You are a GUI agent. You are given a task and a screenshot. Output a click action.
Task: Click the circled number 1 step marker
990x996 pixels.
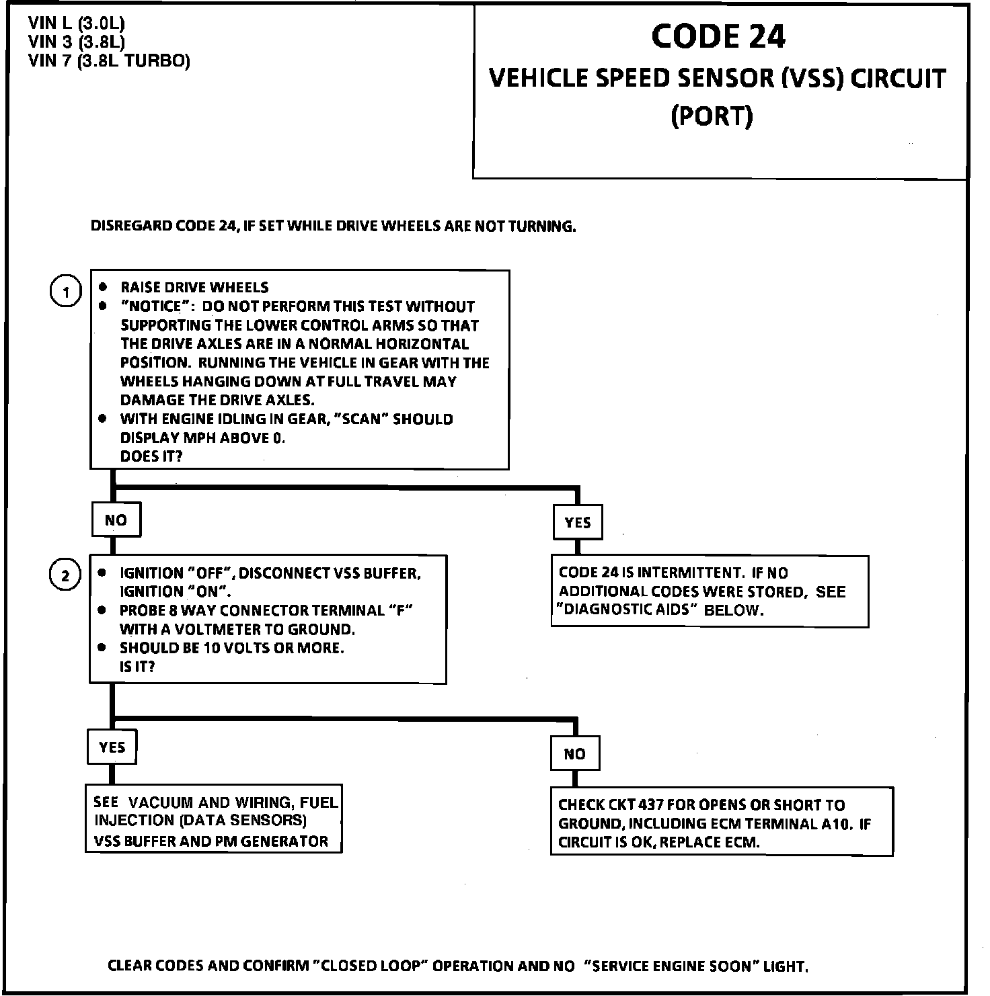click(66, 292)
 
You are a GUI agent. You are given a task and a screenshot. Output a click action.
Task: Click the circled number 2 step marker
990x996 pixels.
click(65, 576)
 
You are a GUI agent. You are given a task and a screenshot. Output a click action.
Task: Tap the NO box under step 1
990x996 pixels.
click(116, 520)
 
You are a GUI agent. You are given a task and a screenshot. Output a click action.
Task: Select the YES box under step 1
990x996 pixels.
click(578, 523)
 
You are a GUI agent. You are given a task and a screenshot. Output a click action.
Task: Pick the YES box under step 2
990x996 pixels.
click(112, 747)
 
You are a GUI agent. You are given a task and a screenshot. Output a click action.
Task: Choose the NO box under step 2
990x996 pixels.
click(574, 754)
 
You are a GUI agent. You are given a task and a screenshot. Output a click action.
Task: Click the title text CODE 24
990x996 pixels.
click(718, 36)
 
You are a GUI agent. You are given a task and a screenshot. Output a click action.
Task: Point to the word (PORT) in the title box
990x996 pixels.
click(712, 116)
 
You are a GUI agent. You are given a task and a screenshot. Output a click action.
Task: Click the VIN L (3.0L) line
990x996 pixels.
click(77, 24)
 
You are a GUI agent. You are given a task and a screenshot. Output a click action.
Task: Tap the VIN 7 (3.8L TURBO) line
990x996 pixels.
click(109, 61)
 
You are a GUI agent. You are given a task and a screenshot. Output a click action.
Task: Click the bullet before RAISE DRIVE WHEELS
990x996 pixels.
click(103, 287)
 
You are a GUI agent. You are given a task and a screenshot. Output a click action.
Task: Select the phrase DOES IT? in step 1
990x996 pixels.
click(151, 456)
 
